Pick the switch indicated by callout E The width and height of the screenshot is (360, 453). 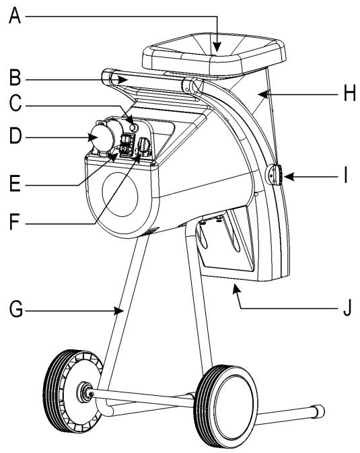pyautogui.click(x=126, y=145)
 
